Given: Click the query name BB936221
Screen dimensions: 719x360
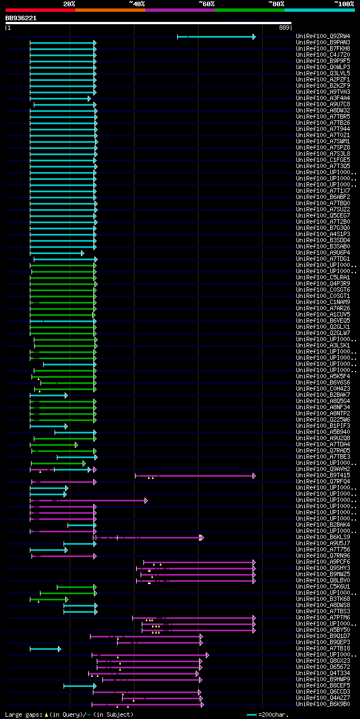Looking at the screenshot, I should click(x=21, y=18).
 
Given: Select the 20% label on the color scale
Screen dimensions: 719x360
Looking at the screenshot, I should click(x=69, y=4).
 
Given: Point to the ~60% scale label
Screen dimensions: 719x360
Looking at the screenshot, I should click(x=206, y=4).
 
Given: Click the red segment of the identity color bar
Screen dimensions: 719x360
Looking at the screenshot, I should click(x=40, y=10).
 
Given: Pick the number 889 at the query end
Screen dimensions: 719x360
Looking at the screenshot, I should click(x=284, y=27).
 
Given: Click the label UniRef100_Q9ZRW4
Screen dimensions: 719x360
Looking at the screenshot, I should click(x=323, y=37).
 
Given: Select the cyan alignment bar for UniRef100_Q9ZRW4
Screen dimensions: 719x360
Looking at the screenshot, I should click(x=219, y=37).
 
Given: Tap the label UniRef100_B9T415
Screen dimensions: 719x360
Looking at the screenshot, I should click(x=323, y=476).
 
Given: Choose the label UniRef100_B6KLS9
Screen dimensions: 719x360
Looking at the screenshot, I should click(x=323, y=537).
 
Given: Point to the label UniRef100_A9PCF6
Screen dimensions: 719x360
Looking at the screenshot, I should click(x=323, y=562).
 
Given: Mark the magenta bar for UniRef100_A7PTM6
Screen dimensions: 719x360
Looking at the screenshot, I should click(x=197, y=618).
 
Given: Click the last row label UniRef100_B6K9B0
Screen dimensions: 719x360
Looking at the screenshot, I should click(x=323, y=704).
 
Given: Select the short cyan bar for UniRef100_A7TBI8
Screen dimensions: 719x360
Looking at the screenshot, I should click(x=45, y=649).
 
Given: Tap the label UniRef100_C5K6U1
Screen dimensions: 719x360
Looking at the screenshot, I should click(x=323, y=587).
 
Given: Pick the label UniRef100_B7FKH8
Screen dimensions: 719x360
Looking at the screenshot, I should click(x=323, y=49).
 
